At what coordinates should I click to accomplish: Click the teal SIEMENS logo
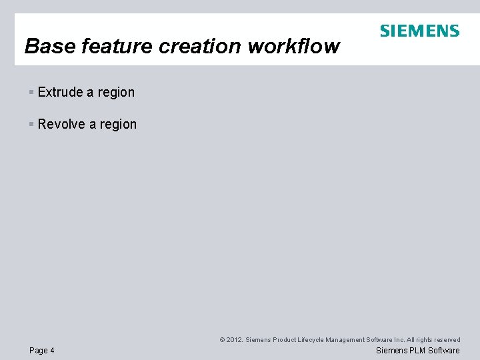[419, 31]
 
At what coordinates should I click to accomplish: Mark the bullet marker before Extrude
[31, 93]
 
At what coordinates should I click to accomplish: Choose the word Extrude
[60, 93]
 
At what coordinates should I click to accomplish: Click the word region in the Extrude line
[116, 93]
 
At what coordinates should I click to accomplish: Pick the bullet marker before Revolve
[31, 125]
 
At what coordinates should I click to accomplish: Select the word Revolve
[61, 125]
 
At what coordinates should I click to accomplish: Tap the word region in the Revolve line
[118, 125]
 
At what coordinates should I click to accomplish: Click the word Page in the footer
[39, 351]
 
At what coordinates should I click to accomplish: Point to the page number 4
[53, 351]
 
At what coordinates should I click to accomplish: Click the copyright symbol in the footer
[222, 340]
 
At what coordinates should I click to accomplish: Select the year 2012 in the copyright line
[235, 340]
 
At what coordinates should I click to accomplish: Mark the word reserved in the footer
[446, 340]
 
